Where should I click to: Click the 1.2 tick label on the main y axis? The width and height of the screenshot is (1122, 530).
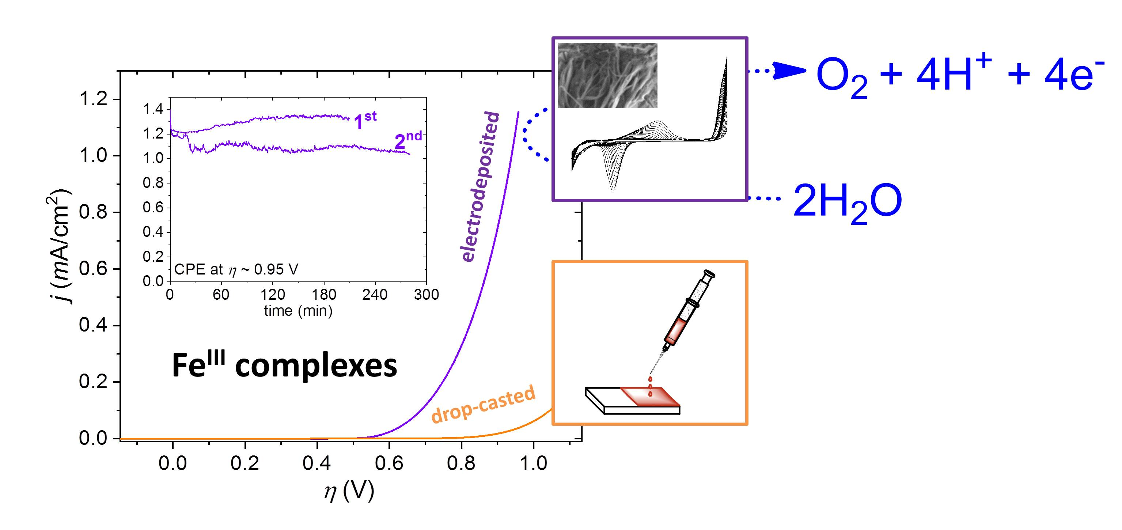93,99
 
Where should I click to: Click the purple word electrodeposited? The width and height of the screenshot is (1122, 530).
479,186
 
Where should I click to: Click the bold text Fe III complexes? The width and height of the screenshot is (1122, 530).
284,365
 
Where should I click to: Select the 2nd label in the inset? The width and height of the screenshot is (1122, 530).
408,140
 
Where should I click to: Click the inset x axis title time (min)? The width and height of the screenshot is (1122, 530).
298,311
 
